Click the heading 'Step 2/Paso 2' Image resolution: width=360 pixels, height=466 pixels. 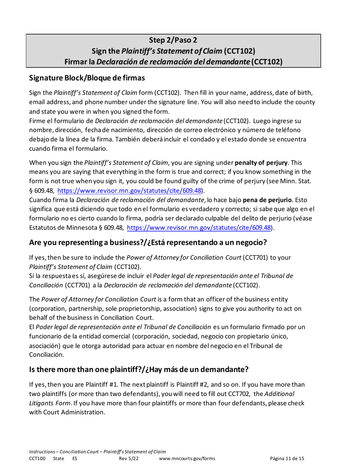point(173,40)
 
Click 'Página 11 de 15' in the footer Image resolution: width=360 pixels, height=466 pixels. point(287,458)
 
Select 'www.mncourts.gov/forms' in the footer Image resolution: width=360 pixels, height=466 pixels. point(187,458)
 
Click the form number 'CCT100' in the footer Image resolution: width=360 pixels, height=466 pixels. point(37,458)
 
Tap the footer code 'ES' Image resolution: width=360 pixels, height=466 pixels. point(75,458)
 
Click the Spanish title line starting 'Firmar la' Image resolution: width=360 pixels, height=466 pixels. point(173,61)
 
